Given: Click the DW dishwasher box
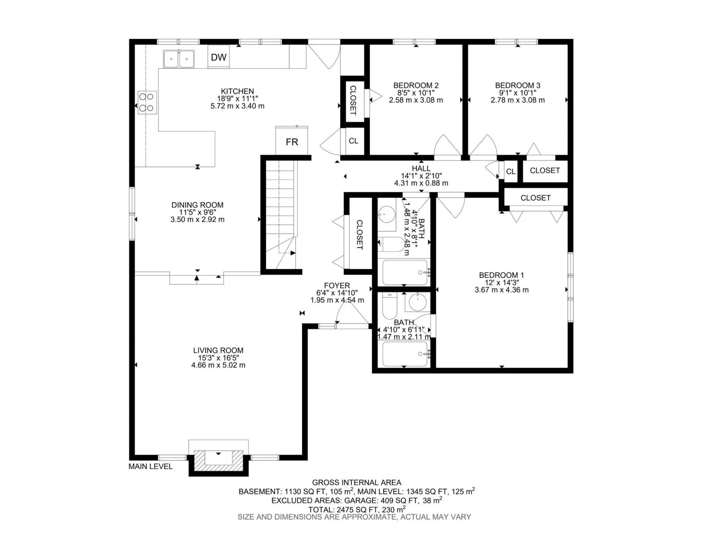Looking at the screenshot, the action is (x=219, y=57).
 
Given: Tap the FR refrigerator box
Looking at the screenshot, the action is (x=292, y=141).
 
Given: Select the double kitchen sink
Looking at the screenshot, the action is (x=179, y=59).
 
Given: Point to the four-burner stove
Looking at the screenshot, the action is (x=147, y=102).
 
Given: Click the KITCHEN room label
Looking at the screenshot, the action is (x=237, y=91).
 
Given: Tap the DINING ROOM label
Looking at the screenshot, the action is (x=197, y=205).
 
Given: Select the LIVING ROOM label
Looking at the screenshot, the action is (x=218, y=351).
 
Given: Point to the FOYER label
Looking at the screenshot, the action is (x=337, y=286).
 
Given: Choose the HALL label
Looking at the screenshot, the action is (x=421, y=169).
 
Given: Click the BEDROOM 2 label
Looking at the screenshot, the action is (x=416, y=86).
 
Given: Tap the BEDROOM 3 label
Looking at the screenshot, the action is (x=517, y=86).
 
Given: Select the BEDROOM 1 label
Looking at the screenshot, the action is (x=501, y=275).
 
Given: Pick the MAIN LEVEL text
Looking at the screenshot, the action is (x=150, y=466).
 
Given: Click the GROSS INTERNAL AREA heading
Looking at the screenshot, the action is (x=357, y=482).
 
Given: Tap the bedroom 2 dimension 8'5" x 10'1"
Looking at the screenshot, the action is (x=416, y=93).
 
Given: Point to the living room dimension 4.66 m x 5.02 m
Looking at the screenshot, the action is (x=218, y=365).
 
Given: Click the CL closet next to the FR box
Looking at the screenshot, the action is (x=354, y=141).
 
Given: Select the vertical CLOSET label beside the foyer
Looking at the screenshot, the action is (x=359, y=235).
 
